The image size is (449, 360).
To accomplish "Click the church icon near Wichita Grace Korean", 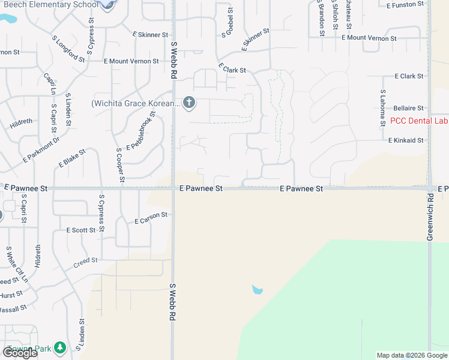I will pyautogui.click(x=189, y=103).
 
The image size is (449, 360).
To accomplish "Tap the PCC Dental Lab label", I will pyautogui.click(x=419, y=121).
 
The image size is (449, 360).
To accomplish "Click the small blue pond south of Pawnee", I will pyautogui.click(x=257, y=290).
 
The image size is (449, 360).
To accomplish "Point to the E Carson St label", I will pyautogui.click(x=151, y=218).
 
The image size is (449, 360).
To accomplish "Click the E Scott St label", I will pyautogui.click(x=81, y=230).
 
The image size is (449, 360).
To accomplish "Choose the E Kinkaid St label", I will pyautogui.click(x=406, y=140).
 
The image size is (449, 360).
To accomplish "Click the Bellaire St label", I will pyautogui.click(x=408, y=108).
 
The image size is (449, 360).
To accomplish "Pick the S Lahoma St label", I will pyautogui.click(x=382, y=109).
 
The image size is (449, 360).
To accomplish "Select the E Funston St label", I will pyautogui.click(x=406, y=5).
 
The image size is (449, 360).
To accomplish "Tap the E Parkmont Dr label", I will pyautogui.click(x=41, y=150).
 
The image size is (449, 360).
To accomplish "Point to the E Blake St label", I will pyautogui.click(x=73, y=158).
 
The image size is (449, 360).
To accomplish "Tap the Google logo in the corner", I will pyautogui.click(x=20, y=353).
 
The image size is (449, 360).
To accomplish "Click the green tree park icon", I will pyautogui.click(x=59, y=347).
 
